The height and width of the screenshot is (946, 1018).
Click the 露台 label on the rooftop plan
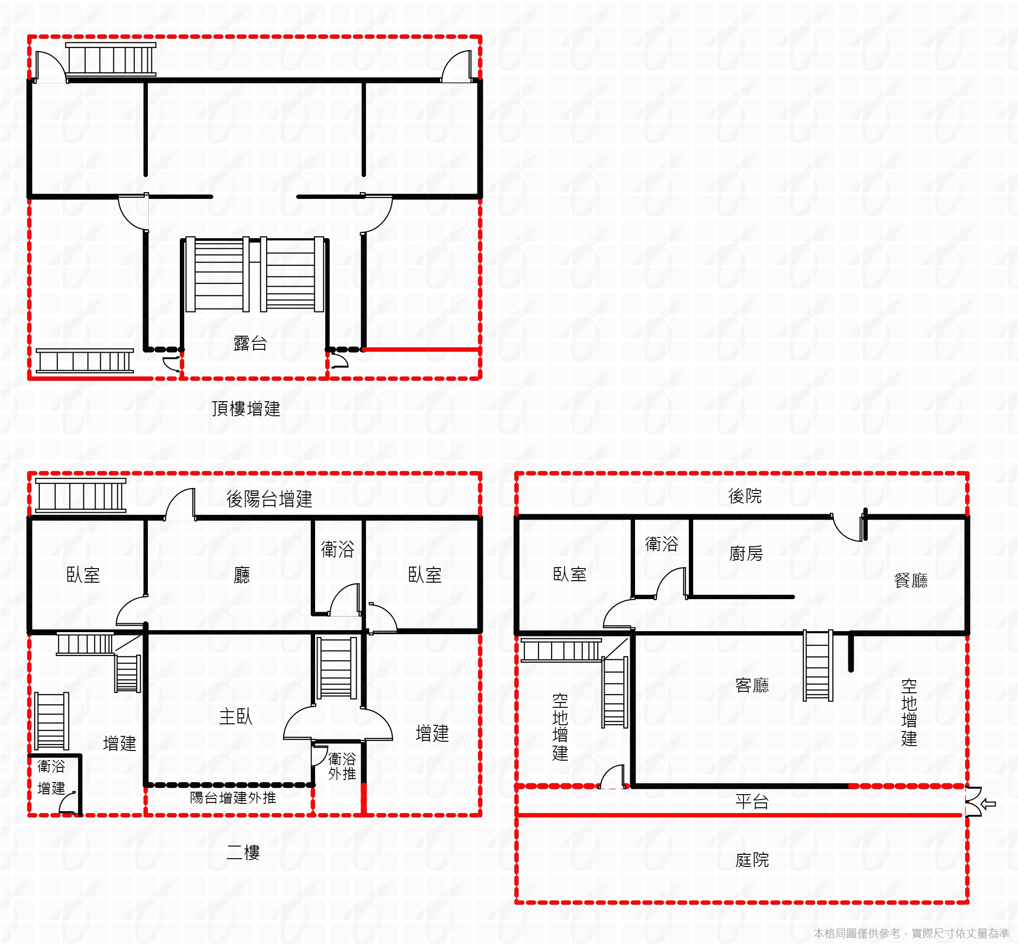pyautogui.click(x=250, y=343)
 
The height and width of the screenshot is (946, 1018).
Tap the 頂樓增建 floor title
pyautogui.click(x=246, y=408)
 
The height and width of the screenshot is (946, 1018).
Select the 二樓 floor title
pyautogui.click(x=243, y=852)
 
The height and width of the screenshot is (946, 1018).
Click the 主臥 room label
pyautogui.click(x=236, y=717)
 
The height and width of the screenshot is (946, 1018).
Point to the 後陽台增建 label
pyautogui.click(x=269, y=499)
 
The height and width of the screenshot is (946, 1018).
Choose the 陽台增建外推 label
pyautogui.click(x=233, y=798)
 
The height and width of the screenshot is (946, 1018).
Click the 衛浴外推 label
pyautogui.click(x=342, y=767)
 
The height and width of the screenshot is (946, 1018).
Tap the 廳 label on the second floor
pyautogui.click(x=242, y=575)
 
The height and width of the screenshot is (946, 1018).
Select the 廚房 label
pyautogui.click(x=746, y=554)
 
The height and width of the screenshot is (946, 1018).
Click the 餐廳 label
pyautogui.click(x=910, y=581)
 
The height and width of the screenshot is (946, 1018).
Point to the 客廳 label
pyautogui.click(x=752, y=685)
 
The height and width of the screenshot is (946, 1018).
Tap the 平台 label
pyautogui.click(x=752, y=801)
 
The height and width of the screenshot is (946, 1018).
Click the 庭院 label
pyautogui.click(x=752, y=860)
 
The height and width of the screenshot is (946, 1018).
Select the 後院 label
pyautogui.click(x=745, y=496)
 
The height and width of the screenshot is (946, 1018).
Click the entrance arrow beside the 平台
pyautogui.click(x=988, y=804)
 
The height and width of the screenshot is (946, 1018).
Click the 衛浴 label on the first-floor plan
pyautogui.click(x=661, y=544)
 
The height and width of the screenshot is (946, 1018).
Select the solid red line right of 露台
pyautogui.click(x=421, y=350)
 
